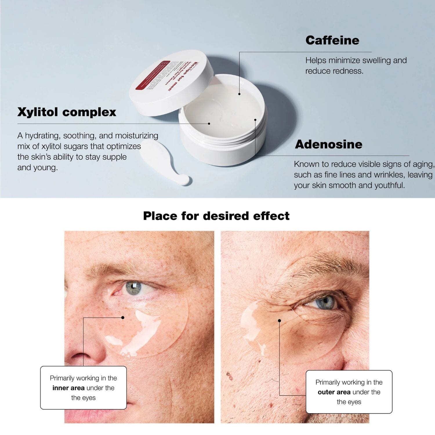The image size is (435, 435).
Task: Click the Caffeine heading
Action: tap(332, 40)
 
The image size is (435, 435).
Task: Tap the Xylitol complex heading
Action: tap(67, 112)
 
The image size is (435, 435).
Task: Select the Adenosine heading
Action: tap(329, 144)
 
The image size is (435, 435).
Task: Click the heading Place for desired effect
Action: tap(216, 216)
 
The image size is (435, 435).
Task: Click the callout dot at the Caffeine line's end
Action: tap(239, 94)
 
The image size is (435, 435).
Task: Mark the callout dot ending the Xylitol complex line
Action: tap(209, 124)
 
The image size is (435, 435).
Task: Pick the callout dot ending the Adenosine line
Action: tap(255, 119)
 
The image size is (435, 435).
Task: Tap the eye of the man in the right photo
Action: tap(322, 304)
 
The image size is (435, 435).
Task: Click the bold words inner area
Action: tap(68, 388)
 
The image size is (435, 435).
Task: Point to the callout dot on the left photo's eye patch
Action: tap(123, 318)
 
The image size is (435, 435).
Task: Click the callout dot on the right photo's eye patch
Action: tap(280, 320)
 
